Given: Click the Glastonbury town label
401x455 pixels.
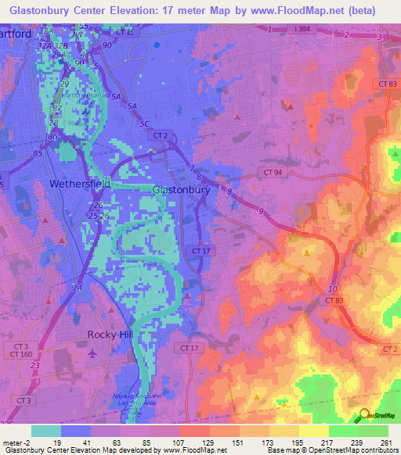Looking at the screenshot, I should coord(181,190).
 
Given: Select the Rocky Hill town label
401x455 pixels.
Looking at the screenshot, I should coord(110,335).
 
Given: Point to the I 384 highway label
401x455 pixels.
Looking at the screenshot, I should coord(302,29).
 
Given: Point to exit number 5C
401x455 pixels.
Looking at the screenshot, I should coord(143,124).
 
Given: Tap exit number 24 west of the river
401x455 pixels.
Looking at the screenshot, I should coord(77,288).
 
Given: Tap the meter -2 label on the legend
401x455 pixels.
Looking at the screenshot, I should coord(16,442).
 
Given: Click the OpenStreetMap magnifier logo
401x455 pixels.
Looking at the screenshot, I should coord(363,416).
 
